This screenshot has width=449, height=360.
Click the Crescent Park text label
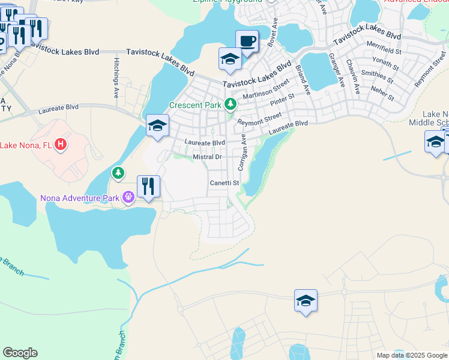(196, 104)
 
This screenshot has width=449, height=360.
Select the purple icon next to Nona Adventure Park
(128, 196)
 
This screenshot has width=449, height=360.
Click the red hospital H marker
(60, 145)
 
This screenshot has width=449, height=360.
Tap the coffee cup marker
(247, 41)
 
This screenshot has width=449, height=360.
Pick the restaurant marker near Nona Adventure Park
(148, 186)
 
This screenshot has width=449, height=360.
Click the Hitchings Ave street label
(115, 79)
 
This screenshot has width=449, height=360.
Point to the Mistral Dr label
(208, 157)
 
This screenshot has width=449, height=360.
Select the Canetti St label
(224, 183)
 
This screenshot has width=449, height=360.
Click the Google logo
(20, 353)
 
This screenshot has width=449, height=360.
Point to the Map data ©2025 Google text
(411, 355)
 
